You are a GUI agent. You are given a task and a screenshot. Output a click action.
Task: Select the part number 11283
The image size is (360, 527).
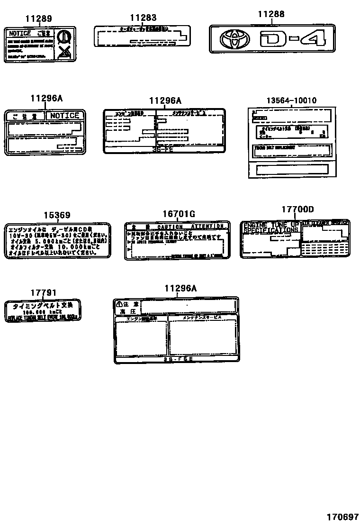click(143, 18)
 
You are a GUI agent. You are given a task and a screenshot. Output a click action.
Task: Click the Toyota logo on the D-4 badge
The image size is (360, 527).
click(232, 39)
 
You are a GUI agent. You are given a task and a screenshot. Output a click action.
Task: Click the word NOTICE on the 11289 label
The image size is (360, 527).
click(20, 34)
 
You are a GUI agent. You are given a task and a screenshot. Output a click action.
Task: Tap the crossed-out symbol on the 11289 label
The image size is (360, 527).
click(63, 53)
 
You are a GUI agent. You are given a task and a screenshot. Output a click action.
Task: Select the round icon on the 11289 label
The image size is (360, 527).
click(63, 37)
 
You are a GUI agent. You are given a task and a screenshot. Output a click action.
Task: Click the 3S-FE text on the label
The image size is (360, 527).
click(163, 149)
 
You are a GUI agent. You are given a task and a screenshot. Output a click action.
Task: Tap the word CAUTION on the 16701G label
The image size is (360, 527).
click(170, 227)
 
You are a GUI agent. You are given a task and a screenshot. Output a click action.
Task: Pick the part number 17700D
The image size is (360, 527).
click(297, 209)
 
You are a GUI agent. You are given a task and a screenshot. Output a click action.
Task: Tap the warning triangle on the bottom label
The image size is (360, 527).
click(119, 304)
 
